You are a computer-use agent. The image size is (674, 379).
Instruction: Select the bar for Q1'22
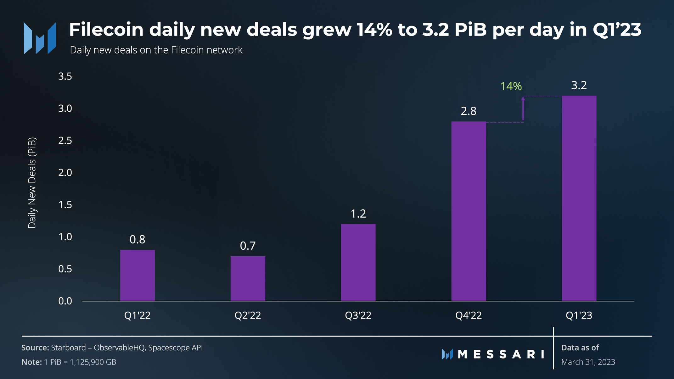coord(137,275)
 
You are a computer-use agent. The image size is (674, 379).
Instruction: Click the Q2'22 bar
coord(248,278)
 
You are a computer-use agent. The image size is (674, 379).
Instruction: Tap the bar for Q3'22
coord(358,262)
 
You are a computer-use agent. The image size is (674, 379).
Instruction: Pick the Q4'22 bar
coord(469,211)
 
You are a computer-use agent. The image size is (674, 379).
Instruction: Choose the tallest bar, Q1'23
coord(579,198)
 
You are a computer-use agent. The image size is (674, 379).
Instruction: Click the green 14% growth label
coord(511,86)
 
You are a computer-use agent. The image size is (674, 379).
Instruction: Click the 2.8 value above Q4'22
coord(469,111)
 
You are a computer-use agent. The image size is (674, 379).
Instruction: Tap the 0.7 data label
coord(248,246)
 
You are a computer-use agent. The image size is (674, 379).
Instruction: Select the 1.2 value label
coord(358,214)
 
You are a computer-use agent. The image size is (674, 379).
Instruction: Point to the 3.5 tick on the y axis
coord(65,76)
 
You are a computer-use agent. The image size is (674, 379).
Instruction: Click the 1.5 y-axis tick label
coord(65,205)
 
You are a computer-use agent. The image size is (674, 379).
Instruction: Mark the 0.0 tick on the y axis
coord(65,301)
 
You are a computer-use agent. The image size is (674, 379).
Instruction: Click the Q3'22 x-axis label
coord(358,315)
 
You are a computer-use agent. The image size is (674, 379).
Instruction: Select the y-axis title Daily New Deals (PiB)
coord(32,183)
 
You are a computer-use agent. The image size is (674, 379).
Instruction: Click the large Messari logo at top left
coord(40,38)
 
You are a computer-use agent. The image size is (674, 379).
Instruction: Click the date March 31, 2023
coord(588,362)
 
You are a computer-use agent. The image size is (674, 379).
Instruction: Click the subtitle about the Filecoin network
coord(156,50)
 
